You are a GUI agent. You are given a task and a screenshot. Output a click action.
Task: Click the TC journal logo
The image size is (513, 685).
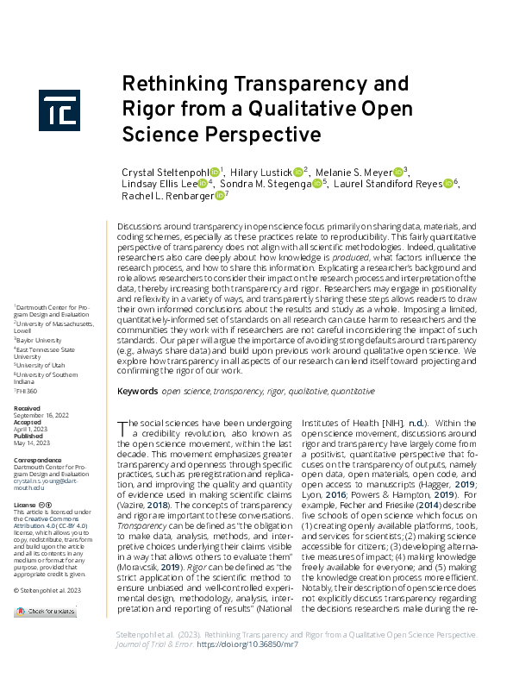(x=59, y=109)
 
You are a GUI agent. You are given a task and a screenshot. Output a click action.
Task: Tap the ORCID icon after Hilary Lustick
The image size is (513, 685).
(x=297, y=171)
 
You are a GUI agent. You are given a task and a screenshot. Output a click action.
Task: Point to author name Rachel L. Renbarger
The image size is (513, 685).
(x=166, y=196)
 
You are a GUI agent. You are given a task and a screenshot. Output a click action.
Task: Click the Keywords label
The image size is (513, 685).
(x=137, y=391)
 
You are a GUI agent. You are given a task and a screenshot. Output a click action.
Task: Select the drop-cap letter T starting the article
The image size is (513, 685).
(x=122, y=426)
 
